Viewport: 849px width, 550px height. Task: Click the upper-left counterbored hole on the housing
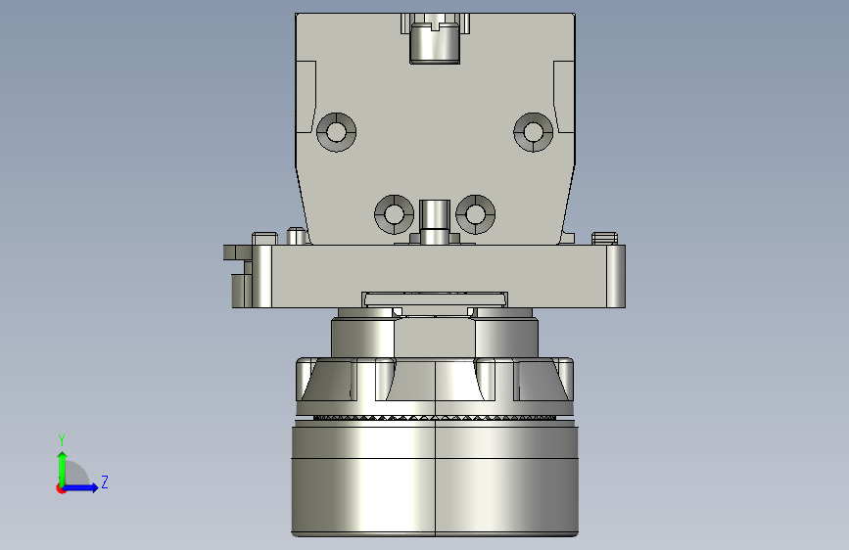pos(336,132)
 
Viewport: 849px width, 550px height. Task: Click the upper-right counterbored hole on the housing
pos(534,132)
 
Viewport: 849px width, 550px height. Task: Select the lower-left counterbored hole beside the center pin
pos(395,214)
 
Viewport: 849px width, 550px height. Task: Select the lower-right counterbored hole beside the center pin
pos(475,214)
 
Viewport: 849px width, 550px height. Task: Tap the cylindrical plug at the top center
pos(435,43)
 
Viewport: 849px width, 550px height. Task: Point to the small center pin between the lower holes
pos(435,222)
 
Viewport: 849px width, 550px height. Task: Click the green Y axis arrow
pos(63,469)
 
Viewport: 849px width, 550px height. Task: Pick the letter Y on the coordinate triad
pos(62,439)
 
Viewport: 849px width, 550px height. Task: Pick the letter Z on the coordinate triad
pos(105,481)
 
